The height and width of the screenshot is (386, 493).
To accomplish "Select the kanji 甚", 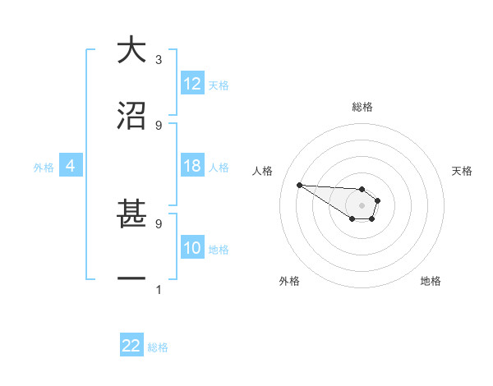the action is [131, 214].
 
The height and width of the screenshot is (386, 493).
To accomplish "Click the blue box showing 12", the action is [192, 84].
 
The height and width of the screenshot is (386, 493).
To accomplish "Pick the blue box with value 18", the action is [192, 166].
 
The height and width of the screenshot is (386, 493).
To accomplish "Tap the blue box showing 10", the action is [192, 248].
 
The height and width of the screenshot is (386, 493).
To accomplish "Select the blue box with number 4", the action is [70, 166].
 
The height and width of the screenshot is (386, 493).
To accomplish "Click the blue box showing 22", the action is [131, 346].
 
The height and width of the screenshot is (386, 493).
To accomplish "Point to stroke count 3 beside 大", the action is [158, 59].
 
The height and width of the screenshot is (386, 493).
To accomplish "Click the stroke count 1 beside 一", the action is [158, 289].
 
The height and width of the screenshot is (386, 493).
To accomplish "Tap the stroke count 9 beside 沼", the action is [158, 125].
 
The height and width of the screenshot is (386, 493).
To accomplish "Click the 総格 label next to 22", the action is [158, 347].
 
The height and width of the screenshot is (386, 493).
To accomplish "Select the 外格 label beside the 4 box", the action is [44, 168].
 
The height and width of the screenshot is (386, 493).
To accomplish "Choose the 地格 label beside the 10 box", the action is [219, 250].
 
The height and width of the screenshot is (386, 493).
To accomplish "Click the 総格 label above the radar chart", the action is [362, 107].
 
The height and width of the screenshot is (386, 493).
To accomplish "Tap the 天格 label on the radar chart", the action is [462, 171].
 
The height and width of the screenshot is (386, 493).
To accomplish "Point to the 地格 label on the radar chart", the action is [431, 281].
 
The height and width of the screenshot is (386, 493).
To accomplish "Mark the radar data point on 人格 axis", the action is [299, 185].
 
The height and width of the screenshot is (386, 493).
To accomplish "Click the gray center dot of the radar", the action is [362, 204].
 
